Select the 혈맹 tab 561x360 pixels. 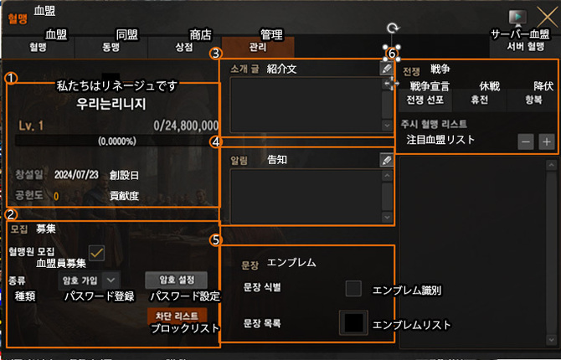38,48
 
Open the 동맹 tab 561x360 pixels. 111,48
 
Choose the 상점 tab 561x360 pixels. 185,48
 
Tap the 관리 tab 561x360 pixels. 259,48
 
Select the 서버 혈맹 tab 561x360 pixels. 526,48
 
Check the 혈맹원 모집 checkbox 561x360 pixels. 97,252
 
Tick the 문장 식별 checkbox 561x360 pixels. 353,289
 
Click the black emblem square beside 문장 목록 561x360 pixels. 353,323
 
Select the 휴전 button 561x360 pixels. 479,100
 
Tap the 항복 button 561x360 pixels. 532,100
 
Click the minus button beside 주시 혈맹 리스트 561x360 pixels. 525,141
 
